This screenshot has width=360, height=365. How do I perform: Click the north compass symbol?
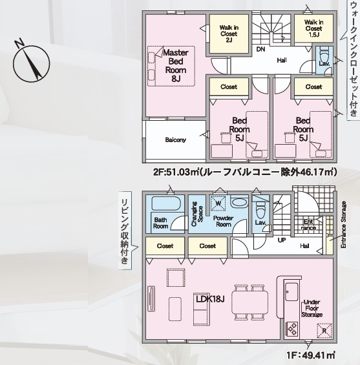[x=31, y=63]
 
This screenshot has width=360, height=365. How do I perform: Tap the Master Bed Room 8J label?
[x=176, y=66]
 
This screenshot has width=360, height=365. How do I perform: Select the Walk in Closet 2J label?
[x=229, y=34]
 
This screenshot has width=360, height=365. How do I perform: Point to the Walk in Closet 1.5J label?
[x=313, y=28]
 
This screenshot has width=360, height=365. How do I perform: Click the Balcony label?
[x=176, y=140]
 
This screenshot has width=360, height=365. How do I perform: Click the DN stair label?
[x=261, y=49]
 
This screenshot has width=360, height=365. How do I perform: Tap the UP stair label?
[x=282, y=240]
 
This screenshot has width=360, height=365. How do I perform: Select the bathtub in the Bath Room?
[x=166, y=203]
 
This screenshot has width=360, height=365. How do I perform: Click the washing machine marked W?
[x=218, y=203]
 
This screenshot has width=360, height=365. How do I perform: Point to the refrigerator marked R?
[x=324, y=331]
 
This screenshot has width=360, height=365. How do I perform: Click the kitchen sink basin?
[x=291, y=291]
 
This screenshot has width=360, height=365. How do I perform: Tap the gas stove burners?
[x=292, y=329]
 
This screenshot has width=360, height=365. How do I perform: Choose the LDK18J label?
[x=210, y=299]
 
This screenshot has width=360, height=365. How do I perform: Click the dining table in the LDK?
[x=249, y=302]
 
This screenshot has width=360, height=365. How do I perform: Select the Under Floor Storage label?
[x=312, y=308]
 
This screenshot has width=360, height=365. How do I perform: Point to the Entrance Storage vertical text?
[x=343, y=225]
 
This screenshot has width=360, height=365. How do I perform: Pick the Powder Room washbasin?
[x=239, y=202]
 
